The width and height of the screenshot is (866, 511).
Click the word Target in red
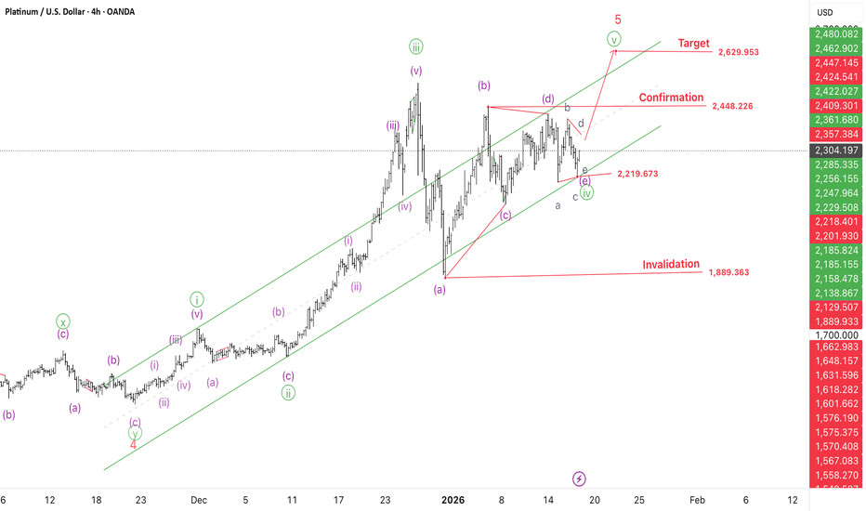(694, 44)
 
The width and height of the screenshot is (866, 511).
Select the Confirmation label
(670, 98)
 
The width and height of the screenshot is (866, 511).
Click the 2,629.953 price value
(739, 53)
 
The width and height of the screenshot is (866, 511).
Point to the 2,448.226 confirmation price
(732, 107)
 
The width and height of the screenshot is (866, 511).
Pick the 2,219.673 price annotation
(636, 174)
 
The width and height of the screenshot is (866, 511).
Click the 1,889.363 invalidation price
(728, 273)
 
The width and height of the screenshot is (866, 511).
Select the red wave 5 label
(617, 19)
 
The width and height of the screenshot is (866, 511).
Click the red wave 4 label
(134, 444)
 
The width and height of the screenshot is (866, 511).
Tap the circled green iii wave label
(415, 46)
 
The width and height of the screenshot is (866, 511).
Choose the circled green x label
(62, 321)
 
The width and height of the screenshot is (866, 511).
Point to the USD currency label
(824, 12)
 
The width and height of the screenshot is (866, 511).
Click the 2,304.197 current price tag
(837, 151)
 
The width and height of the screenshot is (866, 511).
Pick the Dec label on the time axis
(197, 499)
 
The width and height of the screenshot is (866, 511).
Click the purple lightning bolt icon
(580, 478)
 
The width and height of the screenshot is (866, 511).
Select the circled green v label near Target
(614, 39)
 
